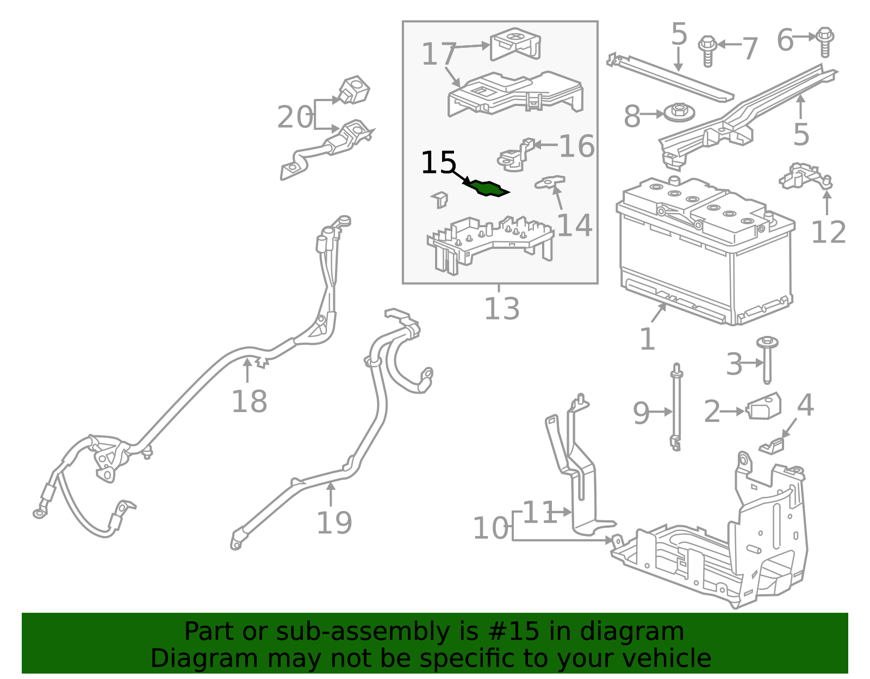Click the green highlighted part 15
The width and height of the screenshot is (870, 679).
click(488, 188)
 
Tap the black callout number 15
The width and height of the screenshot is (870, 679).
click(438, 163)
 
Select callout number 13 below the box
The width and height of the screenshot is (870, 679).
click(501, 309)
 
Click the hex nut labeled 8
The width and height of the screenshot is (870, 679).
click(678, 113)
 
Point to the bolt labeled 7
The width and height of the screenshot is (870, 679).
click(707, 50)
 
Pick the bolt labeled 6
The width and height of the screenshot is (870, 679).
click(825, 41)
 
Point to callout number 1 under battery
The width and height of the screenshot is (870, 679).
click(647, 340)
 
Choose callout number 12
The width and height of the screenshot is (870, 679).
click(828, 232)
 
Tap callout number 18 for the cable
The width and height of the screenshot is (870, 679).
click(249, 402)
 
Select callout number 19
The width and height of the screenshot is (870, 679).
click(334, 523)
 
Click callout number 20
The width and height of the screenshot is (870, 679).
click(295, 117)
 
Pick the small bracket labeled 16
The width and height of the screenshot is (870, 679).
click(513, 156)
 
